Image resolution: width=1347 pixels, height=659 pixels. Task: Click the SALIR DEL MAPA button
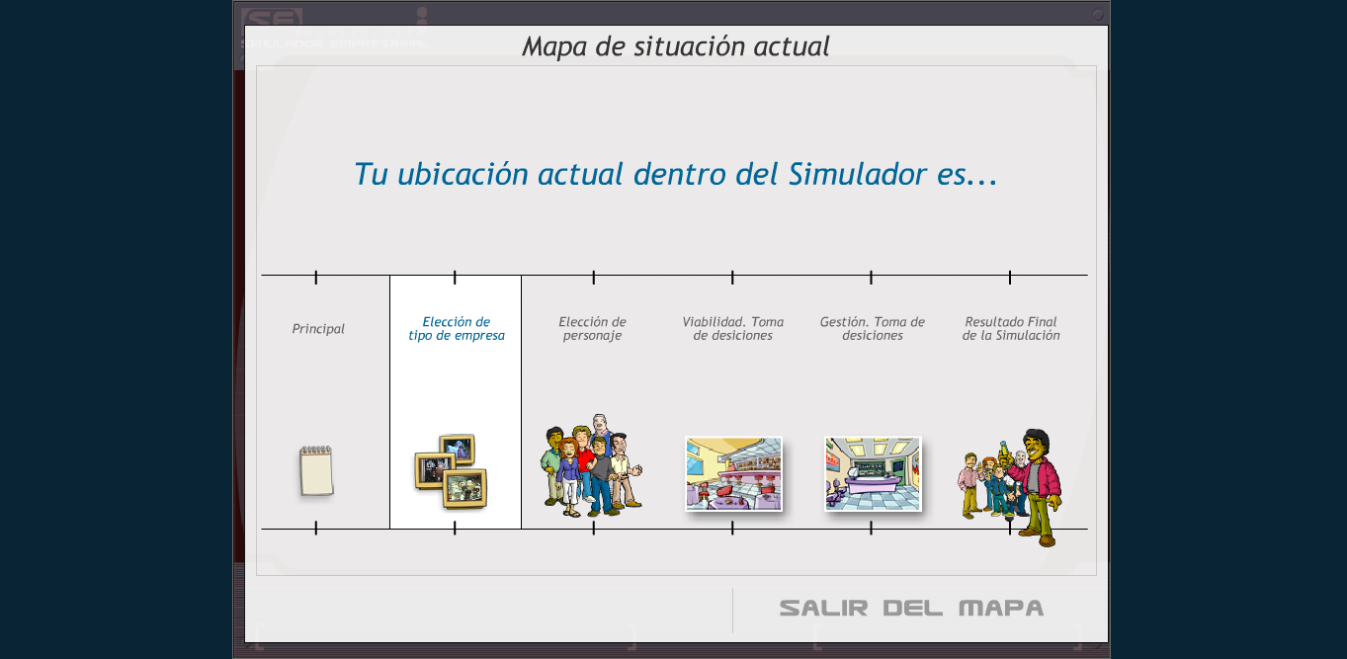tap(911, 608)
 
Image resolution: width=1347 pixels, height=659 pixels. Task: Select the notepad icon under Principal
tap(316, 471)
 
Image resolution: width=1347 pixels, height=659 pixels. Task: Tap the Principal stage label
tap(318, 329)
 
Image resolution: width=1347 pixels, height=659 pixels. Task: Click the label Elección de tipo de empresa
tap(457, 328)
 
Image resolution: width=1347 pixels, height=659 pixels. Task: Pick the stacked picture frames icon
tap(451, 471)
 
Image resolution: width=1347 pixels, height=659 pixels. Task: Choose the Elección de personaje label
tap(592, 328)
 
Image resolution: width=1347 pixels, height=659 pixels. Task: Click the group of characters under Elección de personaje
tap(592, 465)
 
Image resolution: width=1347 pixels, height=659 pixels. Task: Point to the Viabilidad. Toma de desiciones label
tap(733, 328)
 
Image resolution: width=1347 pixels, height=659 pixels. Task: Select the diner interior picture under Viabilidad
tap(733, 474)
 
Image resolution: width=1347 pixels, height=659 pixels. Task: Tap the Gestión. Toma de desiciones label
tap(872, 328)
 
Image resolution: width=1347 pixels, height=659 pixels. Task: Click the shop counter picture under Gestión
tap(873, 474)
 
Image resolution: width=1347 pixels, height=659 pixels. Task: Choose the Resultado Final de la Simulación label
tap(1011, 328)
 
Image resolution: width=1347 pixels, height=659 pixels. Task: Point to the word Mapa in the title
tap(553, 46)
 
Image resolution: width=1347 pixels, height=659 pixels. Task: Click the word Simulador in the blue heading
tap(858, 174)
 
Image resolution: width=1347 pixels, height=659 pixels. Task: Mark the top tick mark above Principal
tap(315, 278)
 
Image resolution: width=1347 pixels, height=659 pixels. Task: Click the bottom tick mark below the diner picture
tap(732, 528)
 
